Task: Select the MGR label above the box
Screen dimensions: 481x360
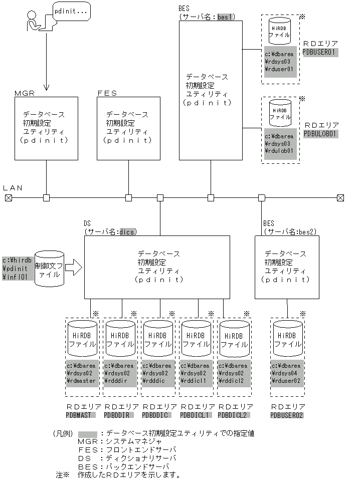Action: (x=25, y=93)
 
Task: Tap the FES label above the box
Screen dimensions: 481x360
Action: (x=107, y=93)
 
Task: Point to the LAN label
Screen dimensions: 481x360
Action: (x=13, y=187)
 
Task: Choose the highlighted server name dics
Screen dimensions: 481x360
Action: (x=127, y=231)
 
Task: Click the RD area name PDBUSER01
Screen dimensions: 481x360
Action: (x=321, y=52)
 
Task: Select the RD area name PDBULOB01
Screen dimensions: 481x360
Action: (x=321, y=134)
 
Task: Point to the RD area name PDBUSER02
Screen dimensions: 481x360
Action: (x=287, y=415)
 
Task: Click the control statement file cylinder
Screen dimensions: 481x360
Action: (x=49, y=268)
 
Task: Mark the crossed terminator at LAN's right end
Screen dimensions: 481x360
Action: (x=340, y=198)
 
